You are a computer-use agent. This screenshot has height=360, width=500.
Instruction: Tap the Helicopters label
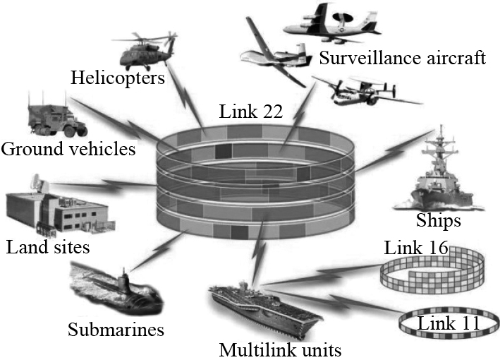pos(117,76)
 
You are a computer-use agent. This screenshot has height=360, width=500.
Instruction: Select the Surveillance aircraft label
pos(402,56)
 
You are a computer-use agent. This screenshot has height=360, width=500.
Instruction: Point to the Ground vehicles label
pos(68,149)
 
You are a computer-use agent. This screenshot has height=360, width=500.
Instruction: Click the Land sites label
pos(47,248)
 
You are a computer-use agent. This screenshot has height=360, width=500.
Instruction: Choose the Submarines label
pos(116,329)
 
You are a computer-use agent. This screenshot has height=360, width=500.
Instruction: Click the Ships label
pos(438,221)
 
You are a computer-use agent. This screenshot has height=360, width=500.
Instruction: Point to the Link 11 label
pos(448,323)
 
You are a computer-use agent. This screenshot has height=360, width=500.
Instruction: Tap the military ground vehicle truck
pos(57,116)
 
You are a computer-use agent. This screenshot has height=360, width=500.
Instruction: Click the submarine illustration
pos(117,289)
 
